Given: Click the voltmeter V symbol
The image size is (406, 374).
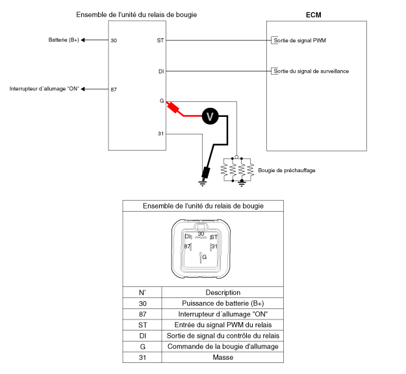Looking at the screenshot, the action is (210, 116).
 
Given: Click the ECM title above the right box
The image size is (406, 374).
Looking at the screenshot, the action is (314, 15).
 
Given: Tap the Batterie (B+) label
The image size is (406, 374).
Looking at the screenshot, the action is (64, 40).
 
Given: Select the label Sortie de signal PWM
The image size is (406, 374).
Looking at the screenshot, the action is (300, 40).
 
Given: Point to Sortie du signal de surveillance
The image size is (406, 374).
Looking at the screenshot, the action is (311, 71).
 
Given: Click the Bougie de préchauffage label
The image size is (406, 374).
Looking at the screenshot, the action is (286, 170).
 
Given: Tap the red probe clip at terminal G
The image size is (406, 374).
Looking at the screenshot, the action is (173, 107).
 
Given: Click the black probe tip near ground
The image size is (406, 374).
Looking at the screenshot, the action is (206, 173).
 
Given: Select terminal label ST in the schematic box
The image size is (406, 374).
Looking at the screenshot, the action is (160, 40).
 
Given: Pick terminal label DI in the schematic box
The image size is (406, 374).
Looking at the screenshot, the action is (161, 71).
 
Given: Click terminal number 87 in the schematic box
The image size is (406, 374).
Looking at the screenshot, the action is (114, 90).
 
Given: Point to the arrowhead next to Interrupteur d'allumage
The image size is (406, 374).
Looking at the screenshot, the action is (83, 89).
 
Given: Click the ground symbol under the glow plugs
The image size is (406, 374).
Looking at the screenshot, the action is (242, 184).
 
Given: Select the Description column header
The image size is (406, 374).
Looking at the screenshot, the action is (223, 292).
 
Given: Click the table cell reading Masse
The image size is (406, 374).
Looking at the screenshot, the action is (223, 357).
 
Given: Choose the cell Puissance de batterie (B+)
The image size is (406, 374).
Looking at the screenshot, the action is (223, 303).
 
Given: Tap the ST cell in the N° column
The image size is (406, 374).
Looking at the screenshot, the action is (142, 325).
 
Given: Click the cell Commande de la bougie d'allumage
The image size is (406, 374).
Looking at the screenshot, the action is (223, 347).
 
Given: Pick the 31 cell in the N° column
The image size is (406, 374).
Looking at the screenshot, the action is (142, 357).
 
